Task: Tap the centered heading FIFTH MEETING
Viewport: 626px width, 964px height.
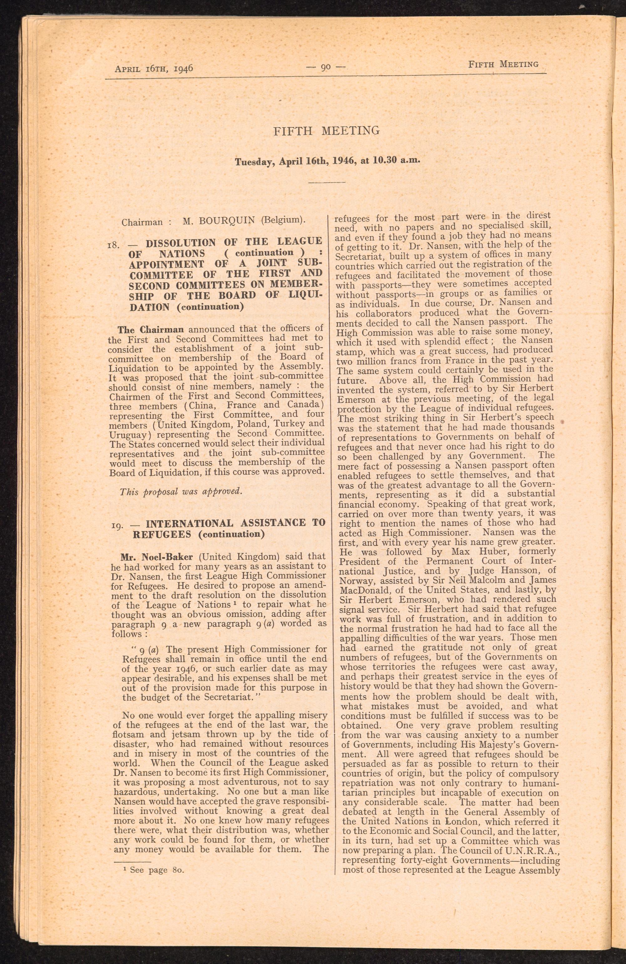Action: pos(326,131)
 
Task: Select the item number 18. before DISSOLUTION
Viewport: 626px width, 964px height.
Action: pos(113,245)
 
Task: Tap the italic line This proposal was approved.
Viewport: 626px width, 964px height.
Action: pos(181,492)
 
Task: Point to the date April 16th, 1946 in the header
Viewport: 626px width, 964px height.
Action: pos(154,68)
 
